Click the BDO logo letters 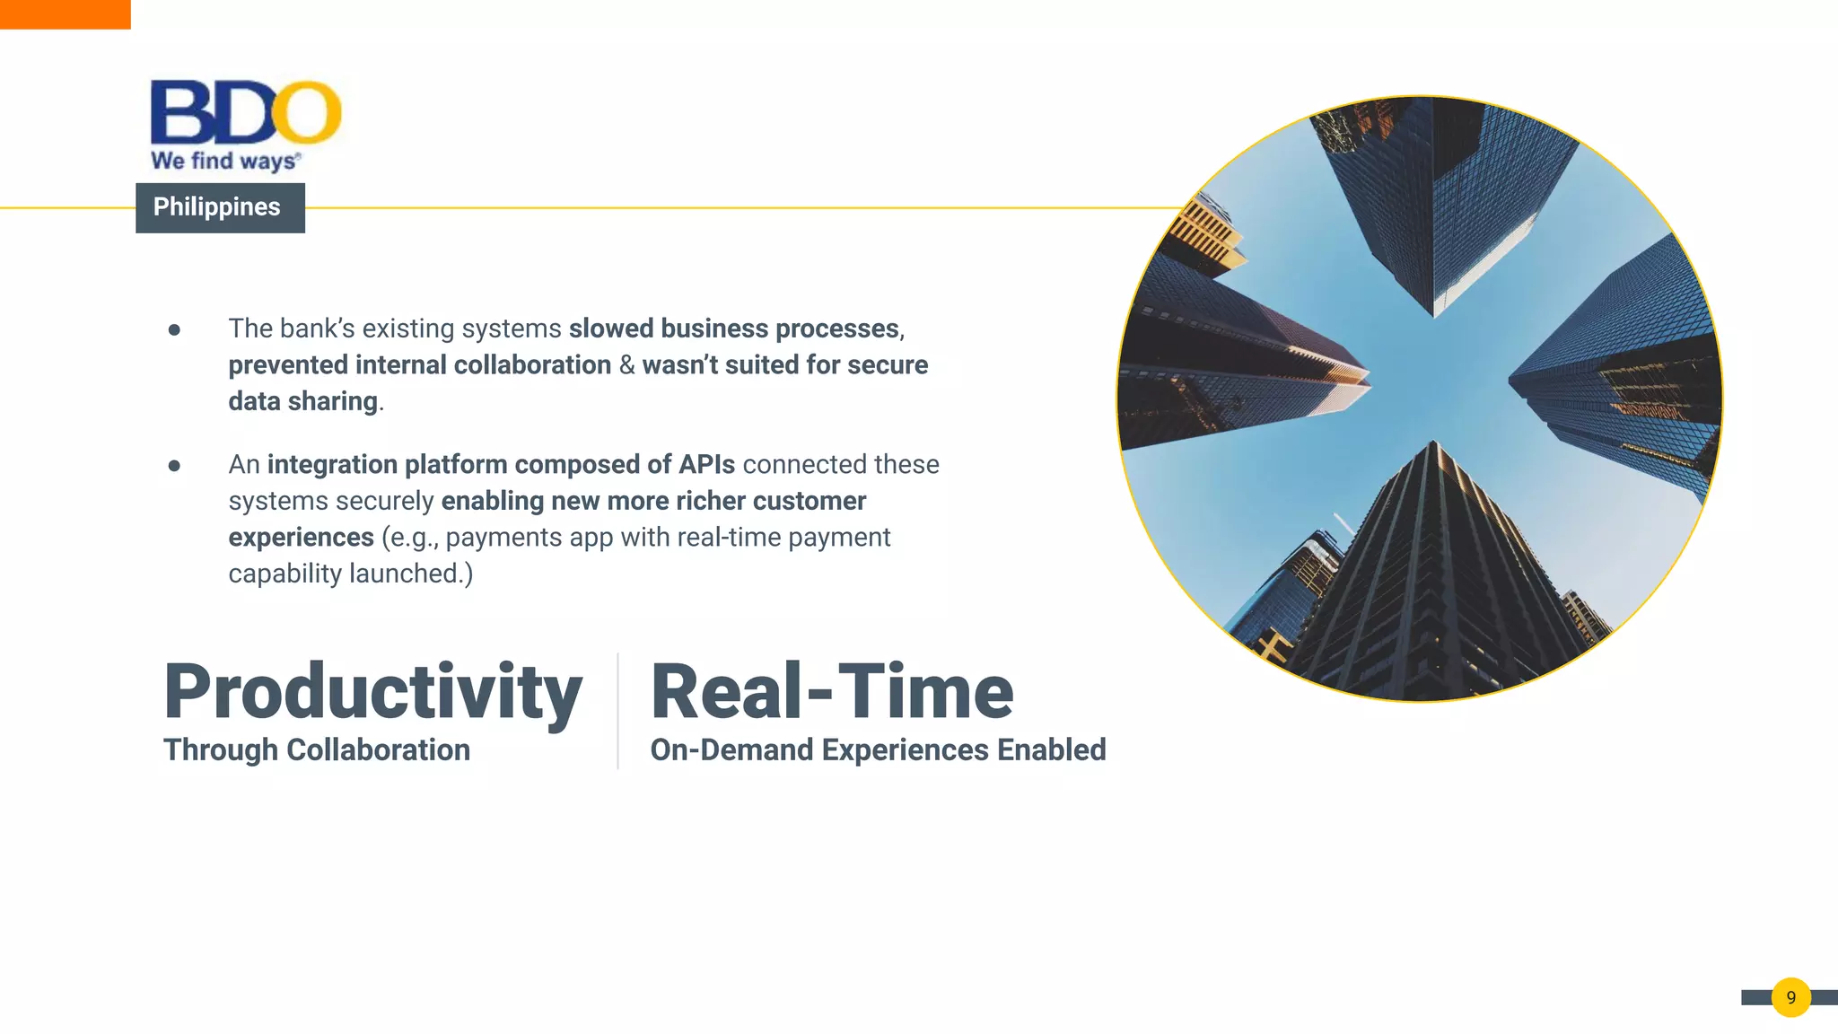[245, 112]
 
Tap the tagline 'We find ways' [224, 162]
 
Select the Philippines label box [220, 207]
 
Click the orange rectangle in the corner [65, 14]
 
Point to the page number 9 [1790, 997]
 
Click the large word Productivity [372, 691]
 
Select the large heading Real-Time [832, 691]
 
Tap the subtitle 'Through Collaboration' [316, 749]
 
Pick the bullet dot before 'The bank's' [174, 330]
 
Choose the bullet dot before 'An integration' [174, 466]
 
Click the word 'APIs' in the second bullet [706, 464]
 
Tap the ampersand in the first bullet [626, 365]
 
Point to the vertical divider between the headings [617, 710]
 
